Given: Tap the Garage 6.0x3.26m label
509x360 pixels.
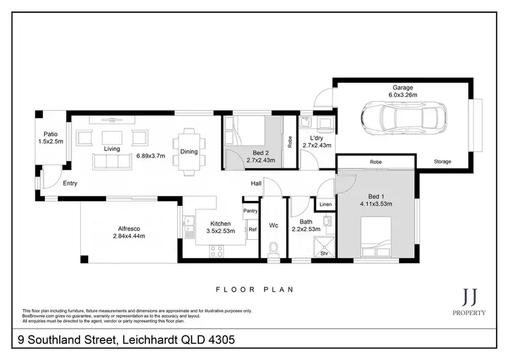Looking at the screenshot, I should (x=403, y=91).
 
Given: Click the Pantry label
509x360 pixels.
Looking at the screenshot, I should (x=251, y=211).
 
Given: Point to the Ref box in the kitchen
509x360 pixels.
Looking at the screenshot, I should (x=252, y=230).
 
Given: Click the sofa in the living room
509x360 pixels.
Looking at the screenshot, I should (x=112, y=161).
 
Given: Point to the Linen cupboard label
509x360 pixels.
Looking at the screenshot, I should (x=326, y=204).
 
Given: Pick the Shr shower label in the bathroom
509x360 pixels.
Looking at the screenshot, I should (x=324, y=253).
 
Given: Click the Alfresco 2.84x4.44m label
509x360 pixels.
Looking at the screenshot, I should (x=129, y=232).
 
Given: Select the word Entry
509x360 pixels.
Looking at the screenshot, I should (x=70, y=183).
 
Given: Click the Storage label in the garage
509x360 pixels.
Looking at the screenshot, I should (x=443, y=162).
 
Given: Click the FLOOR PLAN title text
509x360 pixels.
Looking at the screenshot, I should (x=254, y=289).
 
